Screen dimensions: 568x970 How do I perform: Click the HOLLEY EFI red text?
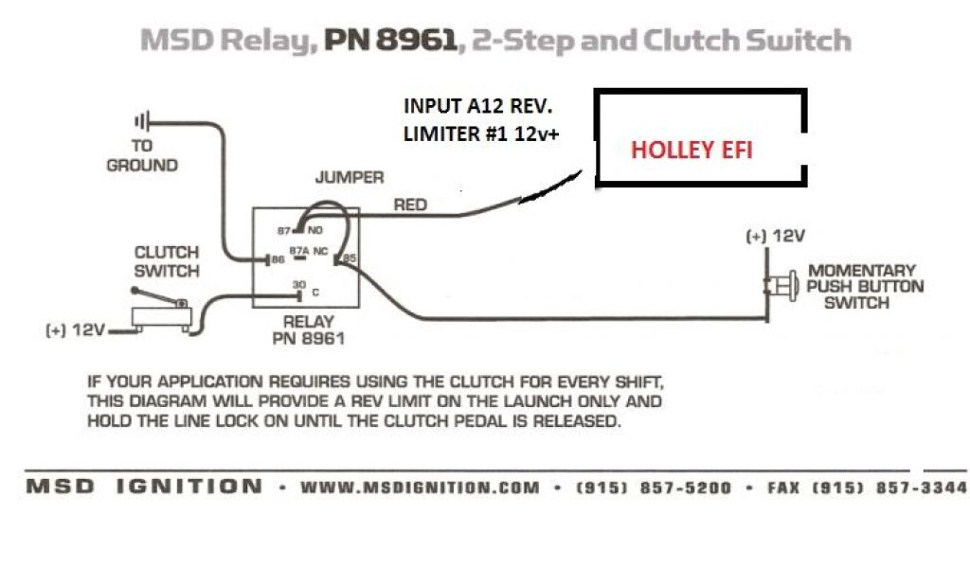tap(692, 151)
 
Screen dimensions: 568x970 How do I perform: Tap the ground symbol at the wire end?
tap(143, 121)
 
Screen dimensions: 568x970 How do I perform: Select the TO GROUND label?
tap(142, 155)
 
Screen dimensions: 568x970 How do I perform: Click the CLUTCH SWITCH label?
tap(167, 261)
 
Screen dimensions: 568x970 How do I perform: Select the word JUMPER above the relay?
tap(350, 178)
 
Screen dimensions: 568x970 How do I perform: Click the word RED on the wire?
tap(411, 204)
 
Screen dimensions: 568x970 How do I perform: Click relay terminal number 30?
tap(298, 285)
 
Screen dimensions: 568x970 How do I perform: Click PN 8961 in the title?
tap(390, 41)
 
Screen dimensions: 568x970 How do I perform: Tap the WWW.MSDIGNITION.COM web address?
tap(421, 488)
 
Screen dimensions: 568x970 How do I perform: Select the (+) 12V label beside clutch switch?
tap(75, 330)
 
